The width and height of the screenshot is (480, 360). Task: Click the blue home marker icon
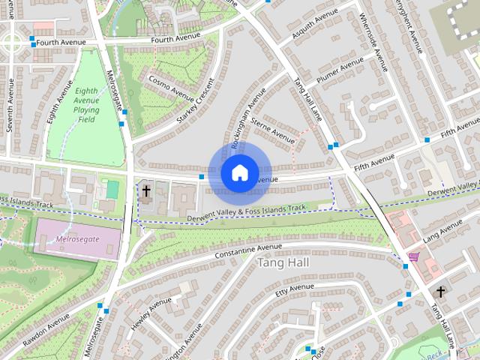pyautogui.click(x=238, y=172)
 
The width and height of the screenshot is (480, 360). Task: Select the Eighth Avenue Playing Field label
pyautogui.click(x=86, y=104)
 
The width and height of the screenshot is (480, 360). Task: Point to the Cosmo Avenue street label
pyautogui.click(x=172, y=87)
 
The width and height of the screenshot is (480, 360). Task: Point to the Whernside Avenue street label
pyautogui.click(x=375, y=38)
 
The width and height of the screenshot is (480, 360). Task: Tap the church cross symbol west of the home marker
pyautogui.click(x=146, y=191)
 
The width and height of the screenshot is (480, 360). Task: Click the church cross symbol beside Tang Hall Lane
pyautogui.click(x=441, y=292)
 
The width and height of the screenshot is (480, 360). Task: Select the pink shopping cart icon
pyautogui.click(x=413, y=257)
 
